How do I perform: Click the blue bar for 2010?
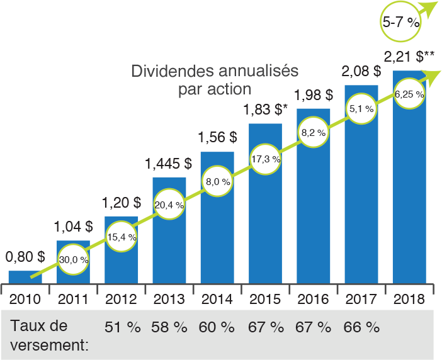tap(25, 277)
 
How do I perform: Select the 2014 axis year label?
tap(217, 299)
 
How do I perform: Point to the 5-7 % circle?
tap(401, 21)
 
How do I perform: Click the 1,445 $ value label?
tap(169, 164)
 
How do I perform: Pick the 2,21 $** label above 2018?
tap(409, 58)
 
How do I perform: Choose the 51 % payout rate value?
tap(122, 327)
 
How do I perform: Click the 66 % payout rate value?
tap(361, 327)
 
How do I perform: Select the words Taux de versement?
tap(49, 335)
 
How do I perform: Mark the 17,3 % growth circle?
tap(265, 159)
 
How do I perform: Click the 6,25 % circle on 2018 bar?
tap(409, 94)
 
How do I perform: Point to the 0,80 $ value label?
tap(25, 257)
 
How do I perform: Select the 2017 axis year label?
tap(361, 299)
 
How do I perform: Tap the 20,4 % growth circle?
tap(169, 205)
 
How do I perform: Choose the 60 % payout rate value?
tap(217, 327)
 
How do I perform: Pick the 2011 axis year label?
tap(73, 299)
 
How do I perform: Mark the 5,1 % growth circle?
tap(361, 109)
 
